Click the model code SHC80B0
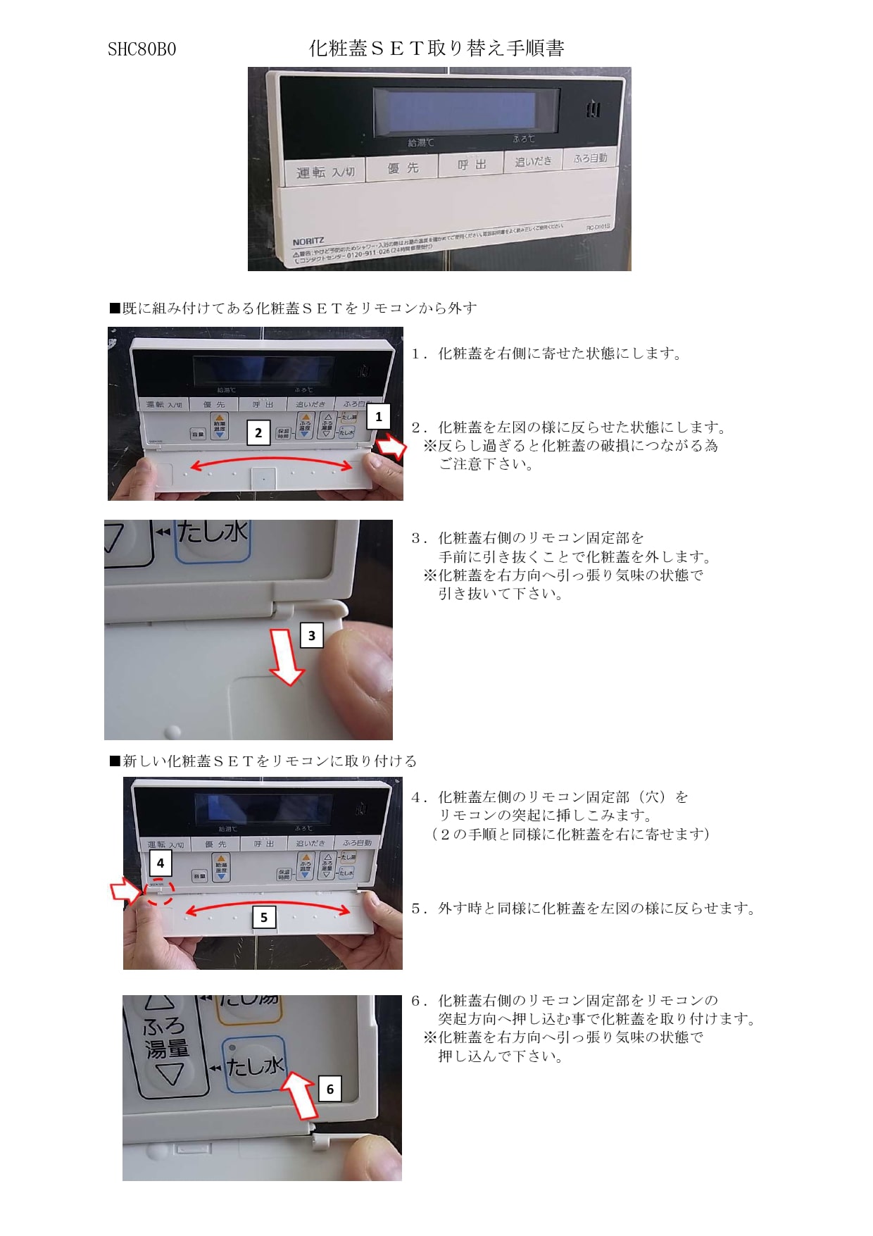pyautogui.click(x=142, y=49)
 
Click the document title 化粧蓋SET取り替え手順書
pyautogui.click(x=436, y=48)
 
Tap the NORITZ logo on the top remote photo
pyautogui.click(x=308, y=242)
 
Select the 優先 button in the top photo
pyautogui.click(x=403, y=168)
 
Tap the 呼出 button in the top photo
pyautogui.click(x=471, y=164)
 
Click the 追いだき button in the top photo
pyautogui.click(x=533, y=161)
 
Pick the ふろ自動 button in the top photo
pyautogui.click(x=590, y=158)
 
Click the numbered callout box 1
pyautogui.click(x=379, y=416)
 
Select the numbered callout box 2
pyautogui.click(x=258, y=432)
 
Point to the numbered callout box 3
pyautogui.click(x=312, y=635)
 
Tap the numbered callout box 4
pyautogui.click(x=161, y=863)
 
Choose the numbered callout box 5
pyautogui.click(x=264, y=917)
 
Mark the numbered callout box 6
pyautogui.click(x=329, y=1089)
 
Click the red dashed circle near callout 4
pyautogui.click(x=159, y=892)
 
